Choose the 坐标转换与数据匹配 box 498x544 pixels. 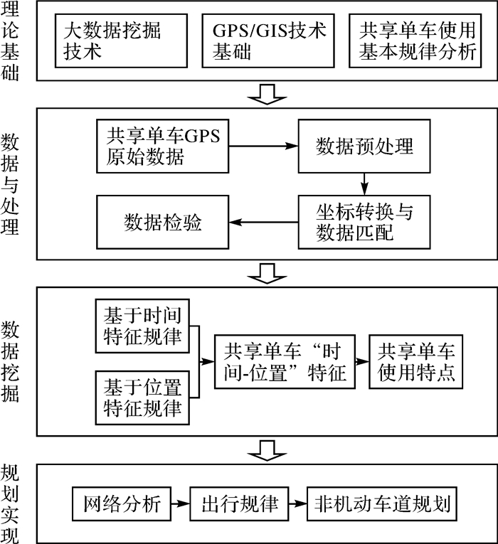tap(364, 223)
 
